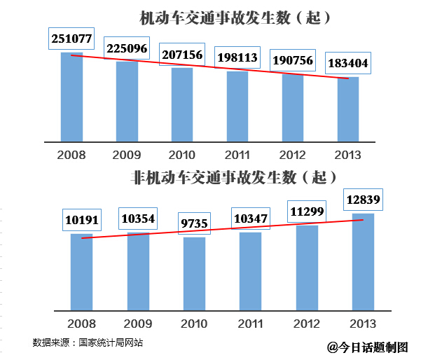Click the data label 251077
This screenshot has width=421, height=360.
(x=71, y=39)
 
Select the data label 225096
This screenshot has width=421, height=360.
(x=126, y=48)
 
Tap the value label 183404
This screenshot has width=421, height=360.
(x=347, y=64)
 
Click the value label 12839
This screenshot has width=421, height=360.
(x=362, y=201)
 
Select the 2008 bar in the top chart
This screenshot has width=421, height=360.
(x=71, y=98)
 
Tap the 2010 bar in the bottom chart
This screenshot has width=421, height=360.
(x=194, y=273)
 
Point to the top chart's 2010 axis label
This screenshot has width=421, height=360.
(x=182, y=154)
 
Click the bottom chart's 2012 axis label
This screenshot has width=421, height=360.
(x=306, y=323)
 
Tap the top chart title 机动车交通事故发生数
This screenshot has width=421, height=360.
(x=225, y=19)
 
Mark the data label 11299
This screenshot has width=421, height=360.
(x=306, y=212)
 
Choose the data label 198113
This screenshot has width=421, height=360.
(x=237, y=57)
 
